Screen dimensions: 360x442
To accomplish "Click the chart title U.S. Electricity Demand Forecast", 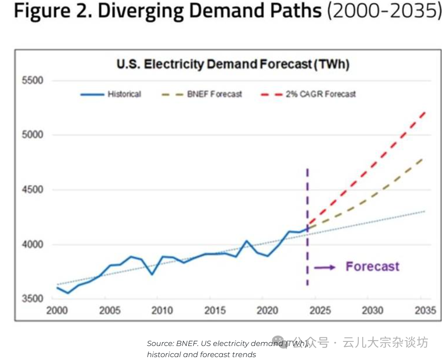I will [x=233, y=65].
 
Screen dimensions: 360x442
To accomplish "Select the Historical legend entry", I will [x=124, y=94].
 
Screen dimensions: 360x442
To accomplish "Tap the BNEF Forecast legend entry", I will [x=214, y=94].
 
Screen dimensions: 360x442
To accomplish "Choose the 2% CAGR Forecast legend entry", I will [x=321, y=94].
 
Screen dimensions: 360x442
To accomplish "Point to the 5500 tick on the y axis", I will [x=32, y=80].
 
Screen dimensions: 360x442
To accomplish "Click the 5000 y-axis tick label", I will [x=32, y=135].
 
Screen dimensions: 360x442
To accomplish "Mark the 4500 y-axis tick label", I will [x=32, y=190].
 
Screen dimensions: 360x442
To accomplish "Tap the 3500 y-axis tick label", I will [x=32, y=298].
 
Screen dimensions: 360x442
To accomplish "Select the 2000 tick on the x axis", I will [x=57, y=310].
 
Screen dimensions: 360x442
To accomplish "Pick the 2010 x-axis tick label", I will [x=162, y=310].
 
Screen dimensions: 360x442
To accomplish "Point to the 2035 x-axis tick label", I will [x=424, y=310].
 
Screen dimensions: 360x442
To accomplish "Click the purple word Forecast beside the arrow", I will [x=372, y=266].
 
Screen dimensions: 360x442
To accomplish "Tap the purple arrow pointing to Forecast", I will [x=325, y=267].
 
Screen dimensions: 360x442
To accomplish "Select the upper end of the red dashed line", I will [x=424, y=112].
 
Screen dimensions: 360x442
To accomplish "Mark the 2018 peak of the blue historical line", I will [x=246, y=241].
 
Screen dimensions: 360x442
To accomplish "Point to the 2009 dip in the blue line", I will [x=152, y=274].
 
